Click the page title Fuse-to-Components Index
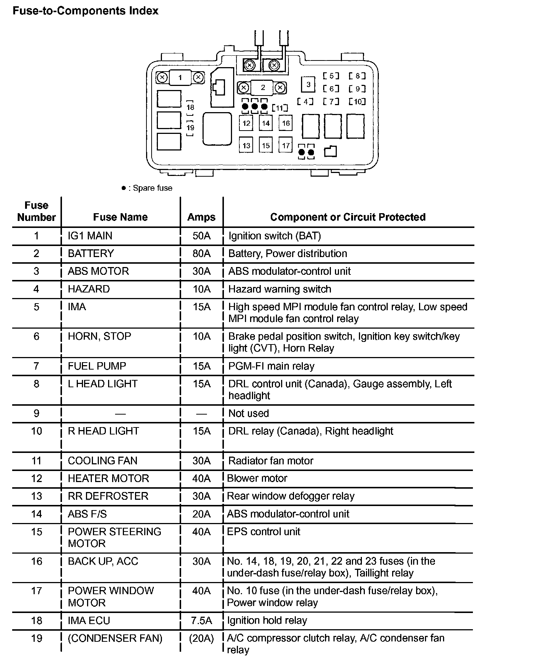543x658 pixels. pyautogui.click(x=85, y=11)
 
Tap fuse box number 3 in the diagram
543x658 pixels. pyautogui.click(x=308, y=84)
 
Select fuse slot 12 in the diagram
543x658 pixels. pyautogui.click(x=246, y=123)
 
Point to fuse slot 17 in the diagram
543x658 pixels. pyautogui.click(x=286, y=145)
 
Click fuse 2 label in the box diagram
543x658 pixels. pyautogui.click(x=263, y=87)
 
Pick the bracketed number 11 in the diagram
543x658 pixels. pyautogui.click(x=280, y=108)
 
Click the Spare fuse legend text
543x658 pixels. pyautogui.click(x=152, y=188)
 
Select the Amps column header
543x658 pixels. pyautogui.click(x=201, y=217)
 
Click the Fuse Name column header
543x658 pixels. pyautogui.click(x=120, y=217)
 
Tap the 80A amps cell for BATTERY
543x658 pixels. pyautogui.click(x=201, y=254)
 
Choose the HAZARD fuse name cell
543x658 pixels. pyautogui.click(x=89, y=289)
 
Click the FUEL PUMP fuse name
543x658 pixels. pyautogui.click(x=97, y=366)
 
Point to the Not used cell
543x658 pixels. pyautogui.click(x=249, y=413)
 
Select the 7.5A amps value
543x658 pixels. pyautogui.click(x=201, y=621)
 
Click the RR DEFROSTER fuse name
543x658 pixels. pyautogui.click(x=108, y=496)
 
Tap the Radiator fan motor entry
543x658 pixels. pyautogui.click(x=271, y=461)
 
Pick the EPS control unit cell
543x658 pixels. pyautogui.click(x=263, y=532)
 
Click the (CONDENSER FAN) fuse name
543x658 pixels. pyautogui.click(x=115, y=638)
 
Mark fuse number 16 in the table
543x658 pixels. pyautogui.click(x=37, y=561)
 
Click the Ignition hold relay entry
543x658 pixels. pyautogui.click(x=267, y=621)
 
